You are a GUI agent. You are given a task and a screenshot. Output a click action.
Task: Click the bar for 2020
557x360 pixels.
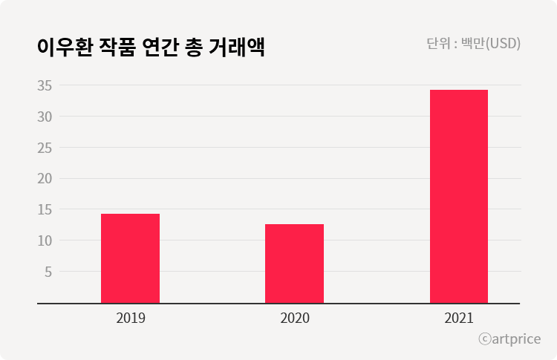[294, 264]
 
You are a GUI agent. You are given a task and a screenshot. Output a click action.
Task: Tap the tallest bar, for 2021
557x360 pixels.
[459, 197]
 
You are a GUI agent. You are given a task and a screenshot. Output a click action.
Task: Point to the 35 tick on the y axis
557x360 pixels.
[44, 85]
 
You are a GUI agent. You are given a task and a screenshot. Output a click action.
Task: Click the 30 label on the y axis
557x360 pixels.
[44, 117]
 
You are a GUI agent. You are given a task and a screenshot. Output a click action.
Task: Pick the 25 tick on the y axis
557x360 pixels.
[44, 148]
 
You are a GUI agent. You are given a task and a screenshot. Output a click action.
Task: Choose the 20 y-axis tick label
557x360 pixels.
[44, 178]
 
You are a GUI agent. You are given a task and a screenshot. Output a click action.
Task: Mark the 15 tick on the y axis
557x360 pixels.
[44, 209]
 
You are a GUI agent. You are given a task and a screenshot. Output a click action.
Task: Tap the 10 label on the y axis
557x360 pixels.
[44, 240]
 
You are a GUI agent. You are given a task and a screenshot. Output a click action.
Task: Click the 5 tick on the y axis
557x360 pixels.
[48, 272]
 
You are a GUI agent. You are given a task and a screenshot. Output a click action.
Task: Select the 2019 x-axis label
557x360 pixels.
[131, 318]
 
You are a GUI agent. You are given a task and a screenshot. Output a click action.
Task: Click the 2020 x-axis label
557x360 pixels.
[295, 318]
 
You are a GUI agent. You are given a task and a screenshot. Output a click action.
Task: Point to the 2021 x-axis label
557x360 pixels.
[459, 318]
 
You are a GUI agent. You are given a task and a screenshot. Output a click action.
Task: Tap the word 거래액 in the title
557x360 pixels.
[241, 47]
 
